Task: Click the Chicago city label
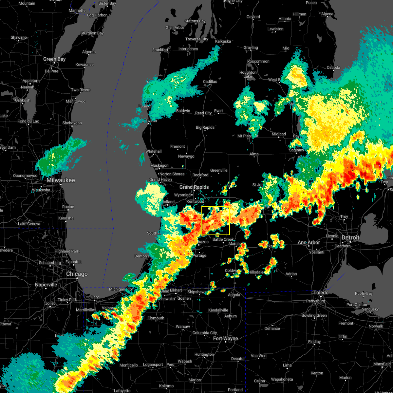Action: (x=77, y=274)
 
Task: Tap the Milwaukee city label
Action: (x=61, y=180)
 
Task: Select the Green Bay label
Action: (x=54, y=59)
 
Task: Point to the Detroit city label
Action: (x=350, y=238)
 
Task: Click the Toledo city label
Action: (x=321, y=292)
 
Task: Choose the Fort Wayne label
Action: (x=225, y=338)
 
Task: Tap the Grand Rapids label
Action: (x=194, y=187)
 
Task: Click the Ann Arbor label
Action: (x=309, y=243)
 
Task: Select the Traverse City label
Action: (x=197, y=39)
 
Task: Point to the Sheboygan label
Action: (x=72, y=123)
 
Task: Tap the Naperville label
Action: (x=46, y=285)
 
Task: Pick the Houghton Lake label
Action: (x=248, y=74)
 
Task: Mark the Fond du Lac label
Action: (x=28, y=122)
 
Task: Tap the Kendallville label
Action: (x=218, y=310)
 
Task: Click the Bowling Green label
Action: (x=314, y=316)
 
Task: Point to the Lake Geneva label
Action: (x=29, y=224)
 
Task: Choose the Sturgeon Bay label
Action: (x=92, y=33)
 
